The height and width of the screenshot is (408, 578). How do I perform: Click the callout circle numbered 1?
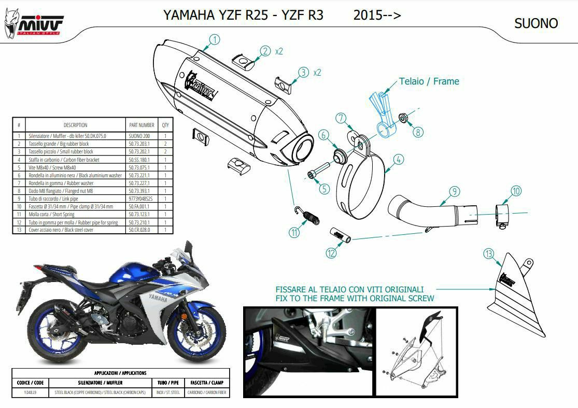pyautogui.click(x=215, y=39)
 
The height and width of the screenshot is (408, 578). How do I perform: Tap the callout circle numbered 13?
pyautogui.click(x=488, y=254)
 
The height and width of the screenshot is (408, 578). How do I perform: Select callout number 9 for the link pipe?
pyautogui.click(x=454, y=192)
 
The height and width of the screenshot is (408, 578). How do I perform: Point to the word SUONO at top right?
pyautogui.click(x=536, y=23)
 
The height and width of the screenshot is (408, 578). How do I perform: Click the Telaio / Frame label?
pyautogui.click(x=429, y=81)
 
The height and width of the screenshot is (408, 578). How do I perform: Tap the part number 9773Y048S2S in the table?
pyautogui.click(x=141, y=199)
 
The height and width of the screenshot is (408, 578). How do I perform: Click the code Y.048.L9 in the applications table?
pyautogui.click(x=31, y=392)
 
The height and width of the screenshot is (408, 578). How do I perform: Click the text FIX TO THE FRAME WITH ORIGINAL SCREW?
pyautogui.click(x=355, y=298)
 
